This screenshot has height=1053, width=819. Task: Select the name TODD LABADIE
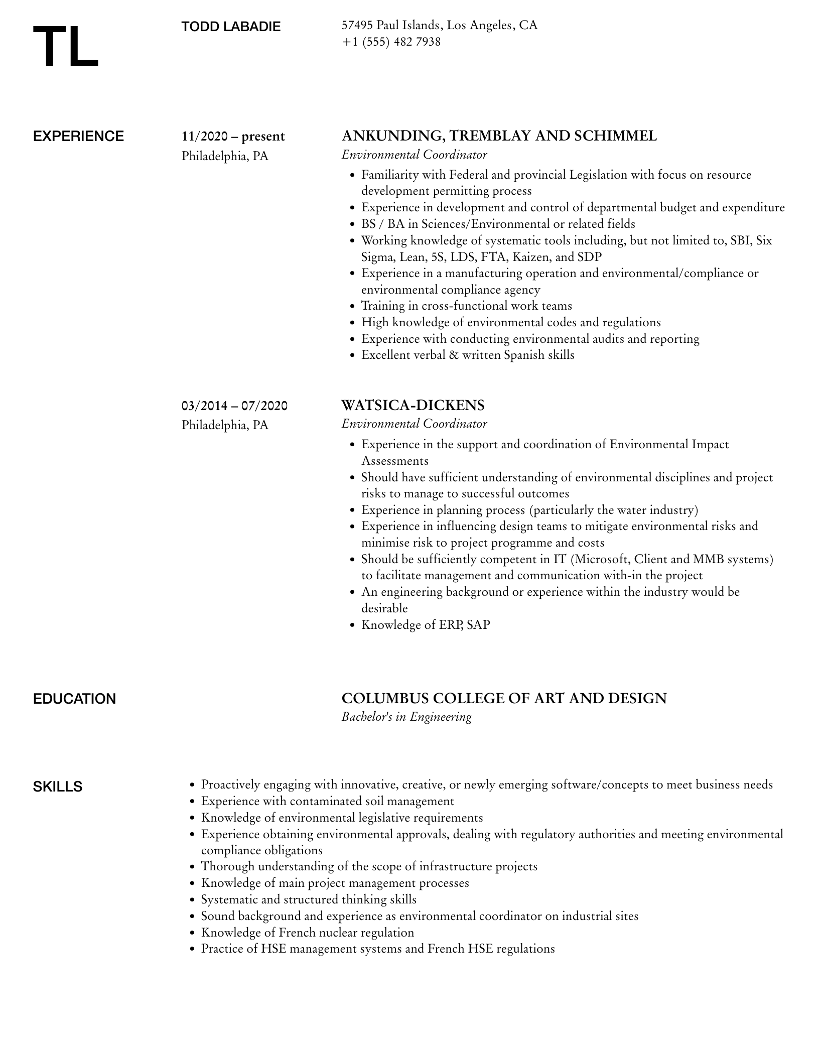pos(231,27)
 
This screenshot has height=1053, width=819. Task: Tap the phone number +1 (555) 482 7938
pos(391,42)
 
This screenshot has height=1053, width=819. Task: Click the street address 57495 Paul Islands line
pos(439,25)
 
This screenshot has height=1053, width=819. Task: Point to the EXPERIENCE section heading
pos(78,137)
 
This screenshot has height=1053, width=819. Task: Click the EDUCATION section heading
pos(74,699)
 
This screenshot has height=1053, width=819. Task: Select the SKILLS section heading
pos(58,786)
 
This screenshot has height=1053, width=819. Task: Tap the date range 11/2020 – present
pos(233,137)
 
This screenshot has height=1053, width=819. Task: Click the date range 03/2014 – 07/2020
pos(234,406)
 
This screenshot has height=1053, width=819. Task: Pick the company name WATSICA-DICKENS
pos(413,405)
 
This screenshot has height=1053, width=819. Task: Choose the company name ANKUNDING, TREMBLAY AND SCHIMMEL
pos(499,136)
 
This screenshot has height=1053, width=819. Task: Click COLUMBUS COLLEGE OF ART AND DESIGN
pos(504,698)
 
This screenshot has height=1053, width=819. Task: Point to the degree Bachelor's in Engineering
pos(406,717)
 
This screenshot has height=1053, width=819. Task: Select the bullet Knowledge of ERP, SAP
pos(426,625)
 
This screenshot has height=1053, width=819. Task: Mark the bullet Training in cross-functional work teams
pos(466,306)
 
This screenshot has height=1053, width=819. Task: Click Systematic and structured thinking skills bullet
pos(309,899)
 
